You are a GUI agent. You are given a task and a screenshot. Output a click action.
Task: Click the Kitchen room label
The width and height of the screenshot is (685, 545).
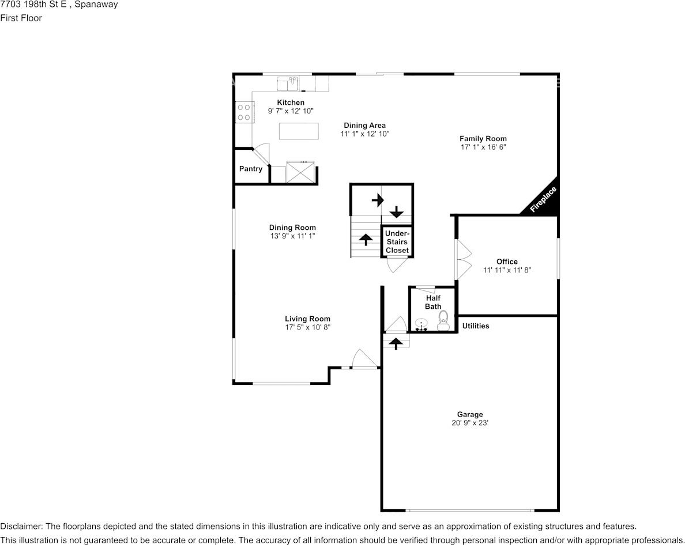tap(291, 103)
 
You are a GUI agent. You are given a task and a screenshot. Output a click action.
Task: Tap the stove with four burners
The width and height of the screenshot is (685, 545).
tap(244, 112)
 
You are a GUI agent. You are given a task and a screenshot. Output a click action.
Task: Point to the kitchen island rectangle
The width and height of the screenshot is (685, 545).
tap(299, 131)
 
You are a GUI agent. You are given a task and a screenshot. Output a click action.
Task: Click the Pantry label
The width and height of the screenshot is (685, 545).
tap(251, 169)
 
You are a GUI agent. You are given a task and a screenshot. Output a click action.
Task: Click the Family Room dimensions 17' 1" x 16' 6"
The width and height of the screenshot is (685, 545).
tap(483, 147)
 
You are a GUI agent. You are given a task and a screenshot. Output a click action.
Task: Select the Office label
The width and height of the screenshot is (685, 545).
tap(507, 262)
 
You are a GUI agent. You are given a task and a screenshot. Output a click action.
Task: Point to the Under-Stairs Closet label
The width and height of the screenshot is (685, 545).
tap(397, 242)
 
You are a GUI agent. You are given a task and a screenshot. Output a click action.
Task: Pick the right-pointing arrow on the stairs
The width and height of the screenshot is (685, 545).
tap(378, 200)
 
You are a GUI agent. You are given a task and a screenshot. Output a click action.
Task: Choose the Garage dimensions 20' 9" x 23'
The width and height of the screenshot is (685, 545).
tap(470, 423)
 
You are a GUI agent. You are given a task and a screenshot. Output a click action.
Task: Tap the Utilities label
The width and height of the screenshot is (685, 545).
tap(476, 326)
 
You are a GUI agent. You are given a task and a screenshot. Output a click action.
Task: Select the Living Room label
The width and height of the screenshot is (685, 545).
tap(307, 319)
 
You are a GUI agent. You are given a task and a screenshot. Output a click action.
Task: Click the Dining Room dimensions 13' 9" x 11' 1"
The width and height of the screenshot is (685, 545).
tap(293, 236)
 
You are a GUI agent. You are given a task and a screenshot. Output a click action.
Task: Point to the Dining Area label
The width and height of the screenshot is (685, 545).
tap(365, 126)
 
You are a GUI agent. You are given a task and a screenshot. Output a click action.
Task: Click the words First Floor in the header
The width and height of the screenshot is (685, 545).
tap(21, 18)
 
